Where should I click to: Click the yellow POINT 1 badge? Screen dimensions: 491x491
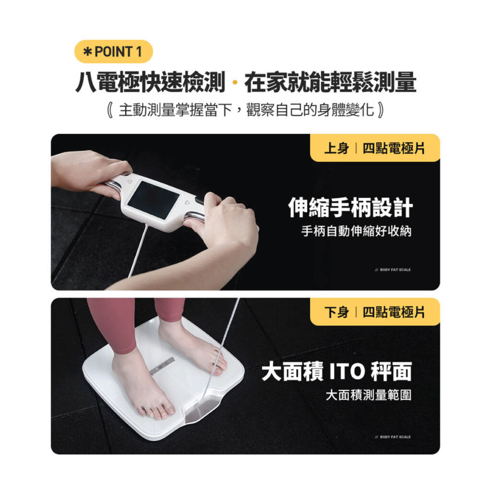pyautogui.click(x=113, y=52)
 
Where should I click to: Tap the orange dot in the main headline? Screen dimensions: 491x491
pyautogui.click(x=235, y=82)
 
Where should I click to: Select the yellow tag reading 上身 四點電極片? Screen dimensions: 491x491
pyautogui.click(x=375, y=148)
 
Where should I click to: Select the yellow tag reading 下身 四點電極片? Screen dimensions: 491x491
pyautogui.click(x=375, y=312)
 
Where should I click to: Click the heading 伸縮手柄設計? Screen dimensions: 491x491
pyautogui.click(x=351, y=207)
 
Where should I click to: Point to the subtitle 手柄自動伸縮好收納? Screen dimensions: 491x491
pyautogui.click(x=356, y=231)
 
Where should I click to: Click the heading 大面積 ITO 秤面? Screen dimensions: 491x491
pyautogui.click(x=337, y=372)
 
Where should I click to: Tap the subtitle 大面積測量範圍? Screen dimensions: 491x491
pyautogui.click(x=369, y=395)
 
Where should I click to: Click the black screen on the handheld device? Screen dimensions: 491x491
pyautogui.click(x=153, y=200)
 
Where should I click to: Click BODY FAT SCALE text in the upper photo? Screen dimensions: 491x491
pyautogui.click(x=393, y=269)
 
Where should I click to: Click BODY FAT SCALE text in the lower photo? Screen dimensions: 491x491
pyautogui.click(x=393, y=437)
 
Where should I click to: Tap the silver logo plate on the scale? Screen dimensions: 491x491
pyautogui.click(x=162, y=365)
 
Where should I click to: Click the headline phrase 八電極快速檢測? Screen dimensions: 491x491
pyautogui.click(x=150, y=82)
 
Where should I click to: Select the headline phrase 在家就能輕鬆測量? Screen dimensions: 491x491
pyautogui.click(x=330, y=82)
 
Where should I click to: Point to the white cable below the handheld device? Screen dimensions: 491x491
pyautogui.click(x=137, y=250)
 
